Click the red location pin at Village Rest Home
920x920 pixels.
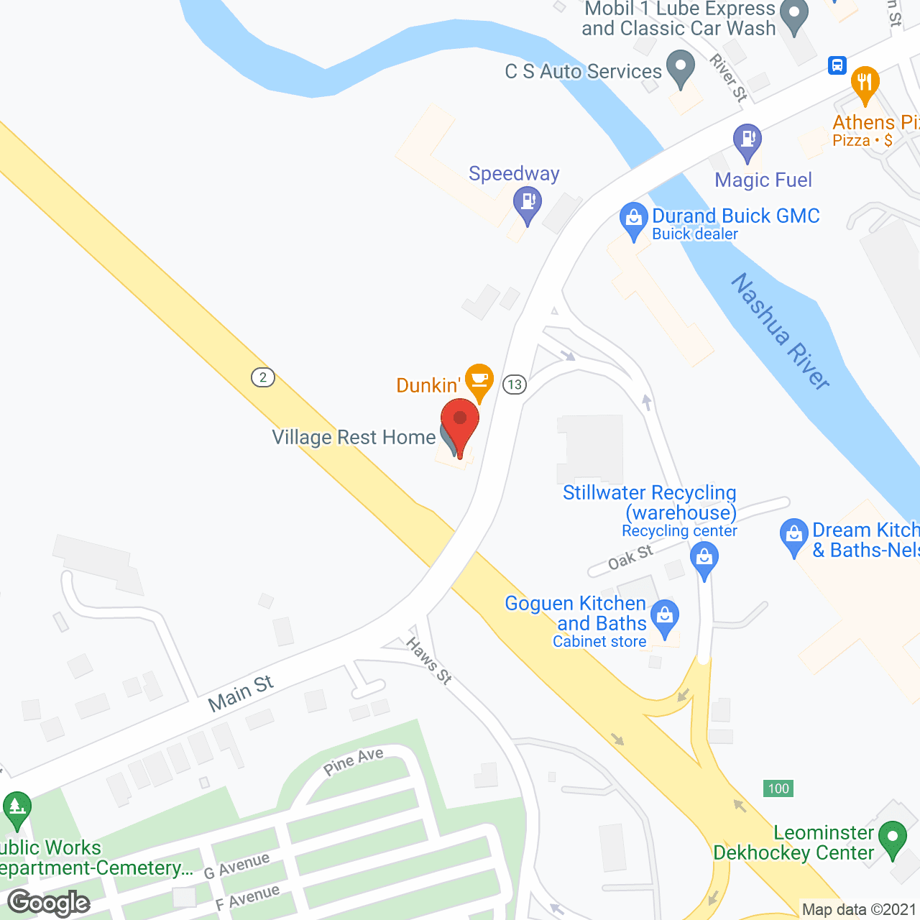point(460,422)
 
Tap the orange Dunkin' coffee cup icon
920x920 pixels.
point(479,379)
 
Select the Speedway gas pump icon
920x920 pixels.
point(528,201)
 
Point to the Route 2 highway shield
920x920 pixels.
point(263,377)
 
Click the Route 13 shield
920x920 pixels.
point(515,385)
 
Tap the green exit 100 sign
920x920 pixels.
point(778,788)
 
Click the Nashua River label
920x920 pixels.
point(781,331)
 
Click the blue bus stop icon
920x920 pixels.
point(837,65)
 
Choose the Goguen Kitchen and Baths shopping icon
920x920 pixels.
point(665,616)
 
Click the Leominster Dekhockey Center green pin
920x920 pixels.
point(893,838)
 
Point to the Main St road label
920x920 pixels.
point(241,694)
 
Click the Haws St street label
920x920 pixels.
point(429,661)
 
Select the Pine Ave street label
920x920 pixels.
point(353,761)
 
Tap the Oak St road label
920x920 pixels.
point(630,557)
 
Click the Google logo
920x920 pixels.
point(49,903)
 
